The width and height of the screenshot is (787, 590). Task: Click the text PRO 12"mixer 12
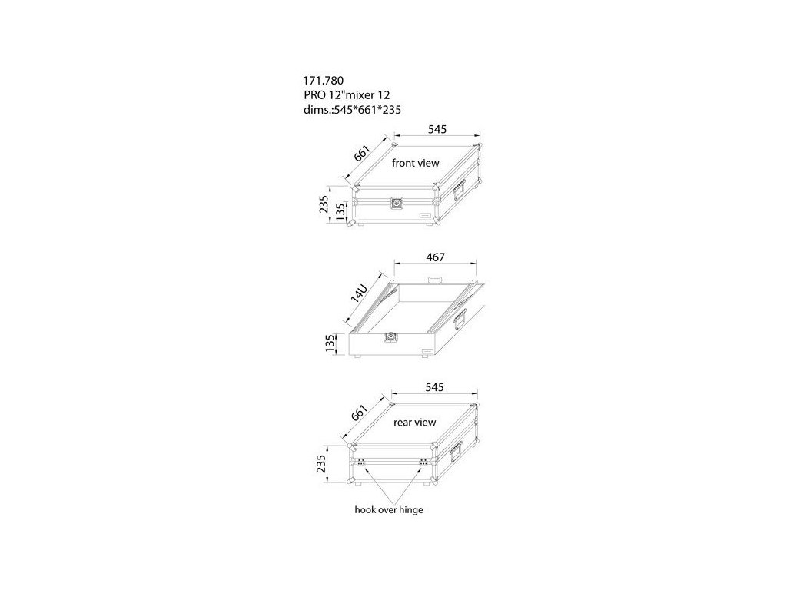tap(347, 94)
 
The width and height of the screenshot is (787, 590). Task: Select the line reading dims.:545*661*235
tap(353, 109)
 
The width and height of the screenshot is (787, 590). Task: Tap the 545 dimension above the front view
tap(437, 130)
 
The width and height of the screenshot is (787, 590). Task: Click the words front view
tap(415, 164)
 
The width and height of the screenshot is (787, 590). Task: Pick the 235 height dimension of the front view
tap(325, 204)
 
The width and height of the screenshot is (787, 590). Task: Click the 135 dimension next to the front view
tap(340, 212)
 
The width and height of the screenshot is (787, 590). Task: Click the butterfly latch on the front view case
tap(396, 204)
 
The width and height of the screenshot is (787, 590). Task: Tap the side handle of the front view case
tap(460, 187)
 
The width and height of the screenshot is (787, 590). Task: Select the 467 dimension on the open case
tap(435, 256)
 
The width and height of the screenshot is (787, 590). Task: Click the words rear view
tap(414, 423)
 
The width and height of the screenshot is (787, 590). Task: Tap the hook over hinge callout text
tap(389, 509)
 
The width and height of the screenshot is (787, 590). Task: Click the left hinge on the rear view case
tap(360, 463)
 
